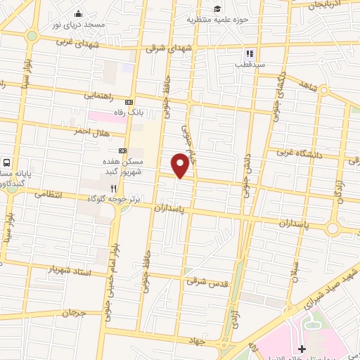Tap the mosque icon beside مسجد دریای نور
tap(77, 14)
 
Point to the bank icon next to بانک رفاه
tap(128, 101)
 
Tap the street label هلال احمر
tap(89, 131)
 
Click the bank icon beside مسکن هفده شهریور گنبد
tap(123, 150)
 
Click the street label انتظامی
tap(47, 193)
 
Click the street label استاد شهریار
tap(70, 269)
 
